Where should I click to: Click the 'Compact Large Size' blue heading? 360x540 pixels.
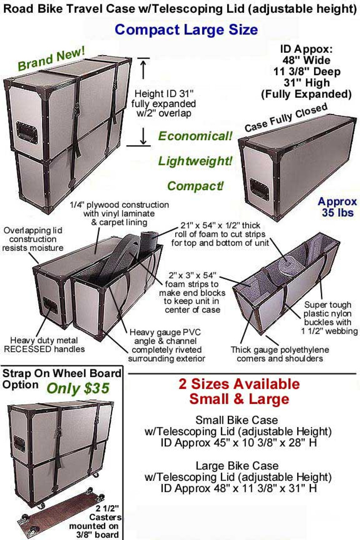[186, 30]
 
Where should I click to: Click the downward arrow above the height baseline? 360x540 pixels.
[143, 136]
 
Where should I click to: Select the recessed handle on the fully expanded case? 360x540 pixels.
[27, 133]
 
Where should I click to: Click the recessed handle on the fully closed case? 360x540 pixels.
[260, 190]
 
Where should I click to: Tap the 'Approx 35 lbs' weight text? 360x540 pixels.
[337, 207]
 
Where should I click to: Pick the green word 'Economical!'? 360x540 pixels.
[195, 136]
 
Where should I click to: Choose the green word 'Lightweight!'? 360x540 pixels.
[195, 161]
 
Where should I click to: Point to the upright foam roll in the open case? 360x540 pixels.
[149, 244]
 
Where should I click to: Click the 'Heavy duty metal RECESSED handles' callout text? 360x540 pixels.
[44, 345]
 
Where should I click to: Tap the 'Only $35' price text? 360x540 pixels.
[78, 389]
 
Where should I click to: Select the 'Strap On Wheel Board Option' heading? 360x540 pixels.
[62, 379]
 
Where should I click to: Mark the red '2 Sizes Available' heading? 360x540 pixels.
[239, 383]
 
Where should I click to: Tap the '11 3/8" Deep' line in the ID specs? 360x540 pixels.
[307, 72]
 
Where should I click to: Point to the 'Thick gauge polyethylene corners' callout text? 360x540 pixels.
[280, 354]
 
